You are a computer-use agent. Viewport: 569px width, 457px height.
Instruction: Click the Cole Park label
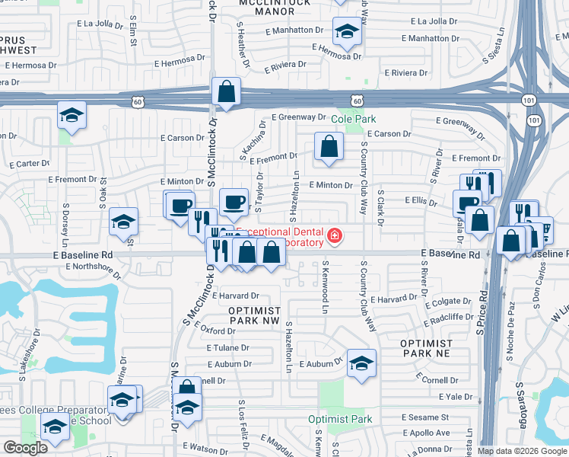click(x=353, y=120)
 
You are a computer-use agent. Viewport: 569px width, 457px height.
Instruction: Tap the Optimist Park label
click(x=340, y=420)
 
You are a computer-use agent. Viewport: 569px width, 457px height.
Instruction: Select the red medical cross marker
click(x=333, y=237)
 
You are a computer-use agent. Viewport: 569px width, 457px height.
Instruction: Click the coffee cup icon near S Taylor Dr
click(x=234, y=202)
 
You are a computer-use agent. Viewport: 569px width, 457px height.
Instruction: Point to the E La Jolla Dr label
click(x=100, y=24)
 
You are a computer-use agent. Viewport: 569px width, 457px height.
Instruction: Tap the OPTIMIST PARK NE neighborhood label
click(x=426, y=349)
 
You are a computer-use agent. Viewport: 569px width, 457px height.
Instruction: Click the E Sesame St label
click(x=426, y=418)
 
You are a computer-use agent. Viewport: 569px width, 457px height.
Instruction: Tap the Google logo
click(x=26, y=448)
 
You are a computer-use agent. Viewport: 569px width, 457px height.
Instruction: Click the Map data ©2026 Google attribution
click(x=522, y=451)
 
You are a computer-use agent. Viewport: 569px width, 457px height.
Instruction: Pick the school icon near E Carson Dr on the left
click(x=72, y=115)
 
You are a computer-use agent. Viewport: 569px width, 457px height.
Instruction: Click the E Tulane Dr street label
click(x=228, y=347)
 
